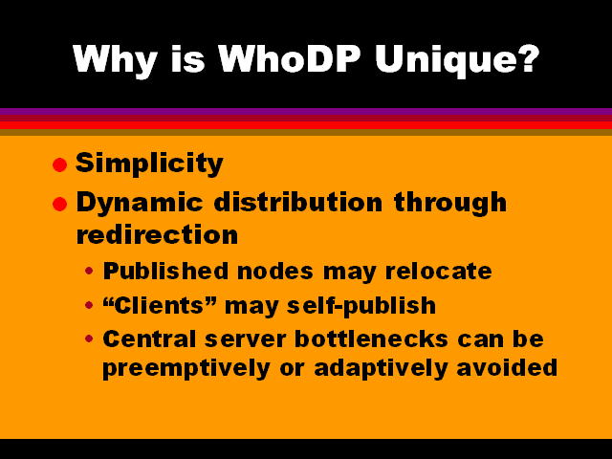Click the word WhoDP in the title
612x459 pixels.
tap(289, 59)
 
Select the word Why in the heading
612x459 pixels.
tap(115, 61)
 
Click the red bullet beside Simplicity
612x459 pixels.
tap(59, 164)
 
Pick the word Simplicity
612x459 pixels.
tap(149, 164)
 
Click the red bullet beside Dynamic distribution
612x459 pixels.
tap(59, 204)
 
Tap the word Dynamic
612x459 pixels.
tap(140, 204)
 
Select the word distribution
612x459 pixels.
tap(298, 202)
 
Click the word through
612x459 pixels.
tap(450, 204)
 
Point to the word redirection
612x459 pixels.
tap(157, 234)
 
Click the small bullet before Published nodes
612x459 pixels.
tap(89, 271)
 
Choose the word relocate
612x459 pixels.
tap(438, 271)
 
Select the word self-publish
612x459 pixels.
tap(361, 306)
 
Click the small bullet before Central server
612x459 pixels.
tap(89, 339)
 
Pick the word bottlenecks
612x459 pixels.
tap(371, 339)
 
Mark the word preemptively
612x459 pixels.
tap(186, 369)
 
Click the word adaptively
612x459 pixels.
tap(381, 369)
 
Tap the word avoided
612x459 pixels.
tap(507, 367)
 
